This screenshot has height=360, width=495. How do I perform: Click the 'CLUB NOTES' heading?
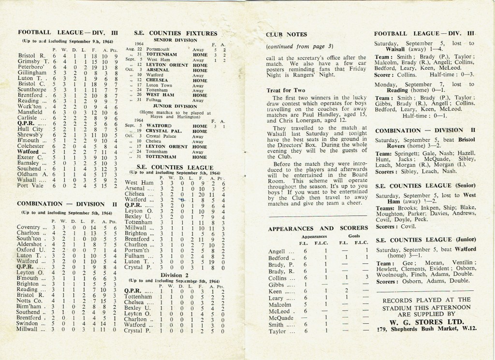click(x=285, y=35)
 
